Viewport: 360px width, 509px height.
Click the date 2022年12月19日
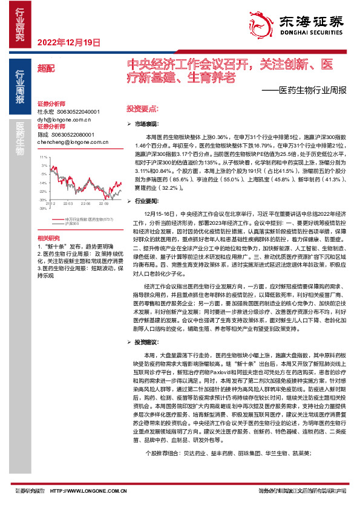68,42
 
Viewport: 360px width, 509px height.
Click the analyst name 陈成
46,135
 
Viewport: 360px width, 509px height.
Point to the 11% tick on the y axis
43,157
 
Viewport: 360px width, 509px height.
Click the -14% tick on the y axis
42,183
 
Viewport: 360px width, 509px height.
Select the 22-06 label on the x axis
86,204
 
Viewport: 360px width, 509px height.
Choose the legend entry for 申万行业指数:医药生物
88,219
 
